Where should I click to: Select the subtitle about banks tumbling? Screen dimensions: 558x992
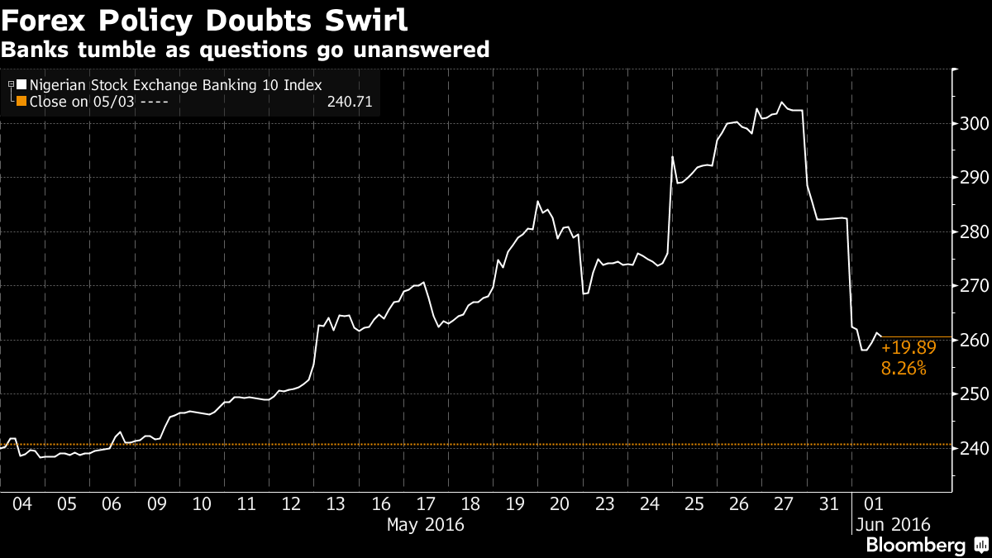point(245,50)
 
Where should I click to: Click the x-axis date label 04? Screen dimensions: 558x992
point(23,504)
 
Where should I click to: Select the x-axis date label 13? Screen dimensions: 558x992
point(336,504)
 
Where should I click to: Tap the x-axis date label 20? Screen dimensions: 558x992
point(559,504)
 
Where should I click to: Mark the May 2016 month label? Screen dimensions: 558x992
point(426,524)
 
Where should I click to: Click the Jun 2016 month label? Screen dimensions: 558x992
point(893,524)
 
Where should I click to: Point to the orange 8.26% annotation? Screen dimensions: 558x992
point(904,370)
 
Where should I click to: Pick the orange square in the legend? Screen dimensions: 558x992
point(21,102)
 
